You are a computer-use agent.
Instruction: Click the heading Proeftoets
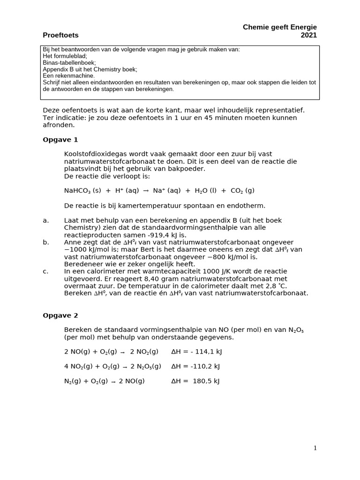tap(60, 35)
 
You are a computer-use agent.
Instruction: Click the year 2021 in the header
tap(308, 35)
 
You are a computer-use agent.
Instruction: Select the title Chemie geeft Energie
tap(279, 27)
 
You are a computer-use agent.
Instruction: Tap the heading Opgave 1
tap(60, 140)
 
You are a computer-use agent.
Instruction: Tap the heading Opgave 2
tap(60, 315)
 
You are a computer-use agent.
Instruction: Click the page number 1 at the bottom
tap(315, 448)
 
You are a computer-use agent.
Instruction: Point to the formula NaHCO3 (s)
tap(82, 191)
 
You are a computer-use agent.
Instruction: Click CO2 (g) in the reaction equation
tap(242, 191)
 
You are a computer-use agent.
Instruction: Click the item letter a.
tap(45, 220)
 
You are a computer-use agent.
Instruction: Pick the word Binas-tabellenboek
tap(69, 62)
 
